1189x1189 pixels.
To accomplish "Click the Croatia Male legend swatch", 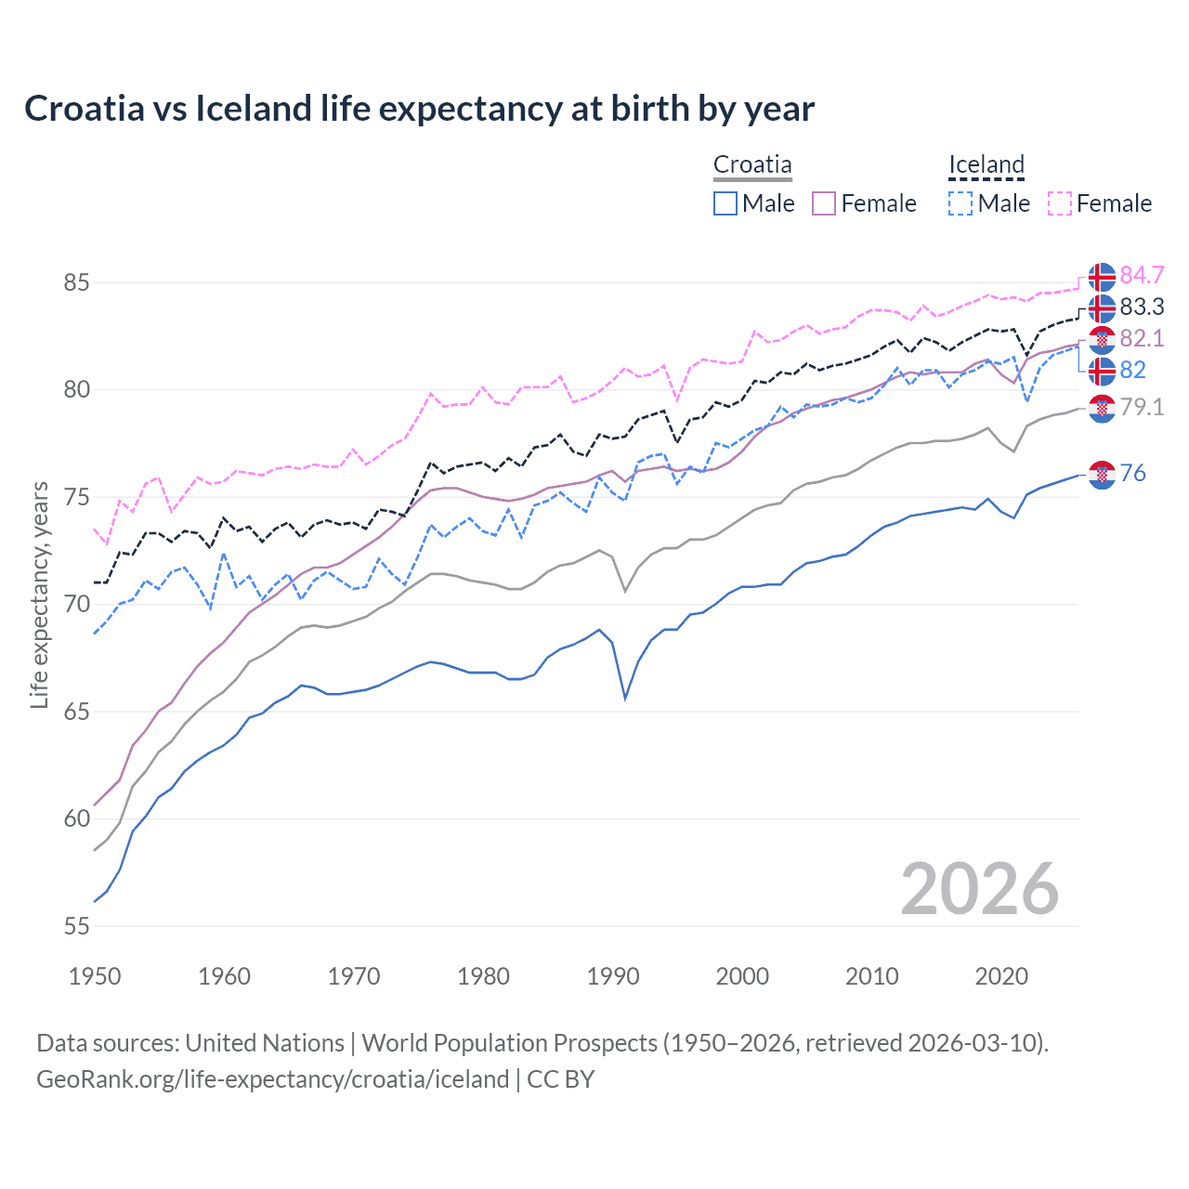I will (725, 203).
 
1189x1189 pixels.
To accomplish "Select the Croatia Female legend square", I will (824, 203).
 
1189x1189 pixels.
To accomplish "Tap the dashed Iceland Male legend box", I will (960, 203).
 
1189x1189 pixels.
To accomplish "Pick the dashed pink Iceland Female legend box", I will (1060, 203).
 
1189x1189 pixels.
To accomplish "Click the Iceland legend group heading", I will (986, 165).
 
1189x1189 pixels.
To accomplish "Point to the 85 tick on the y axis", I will (76, 282).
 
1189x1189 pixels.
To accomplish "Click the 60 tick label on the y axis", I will (76, 819).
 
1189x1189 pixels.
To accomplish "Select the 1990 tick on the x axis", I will (613, 976).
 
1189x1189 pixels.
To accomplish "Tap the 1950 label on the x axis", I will (95, 976).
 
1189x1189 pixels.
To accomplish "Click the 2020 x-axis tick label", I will (1001, 976).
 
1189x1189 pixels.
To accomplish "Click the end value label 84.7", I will (1142, 275).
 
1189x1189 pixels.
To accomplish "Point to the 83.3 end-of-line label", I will (1142, 307).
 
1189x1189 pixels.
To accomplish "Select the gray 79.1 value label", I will (1142, 407).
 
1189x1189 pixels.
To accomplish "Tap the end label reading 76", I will (1132, 473).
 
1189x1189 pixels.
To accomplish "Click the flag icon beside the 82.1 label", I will (1102, 339).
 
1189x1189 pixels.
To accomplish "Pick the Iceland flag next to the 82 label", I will (1102, 371).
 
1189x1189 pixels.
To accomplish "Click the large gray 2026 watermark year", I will (980, 889).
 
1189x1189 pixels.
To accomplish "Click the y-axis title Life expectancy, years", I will (39, 594).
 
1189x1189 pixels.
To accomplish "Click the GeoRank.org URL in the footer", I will (272, 1079).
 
